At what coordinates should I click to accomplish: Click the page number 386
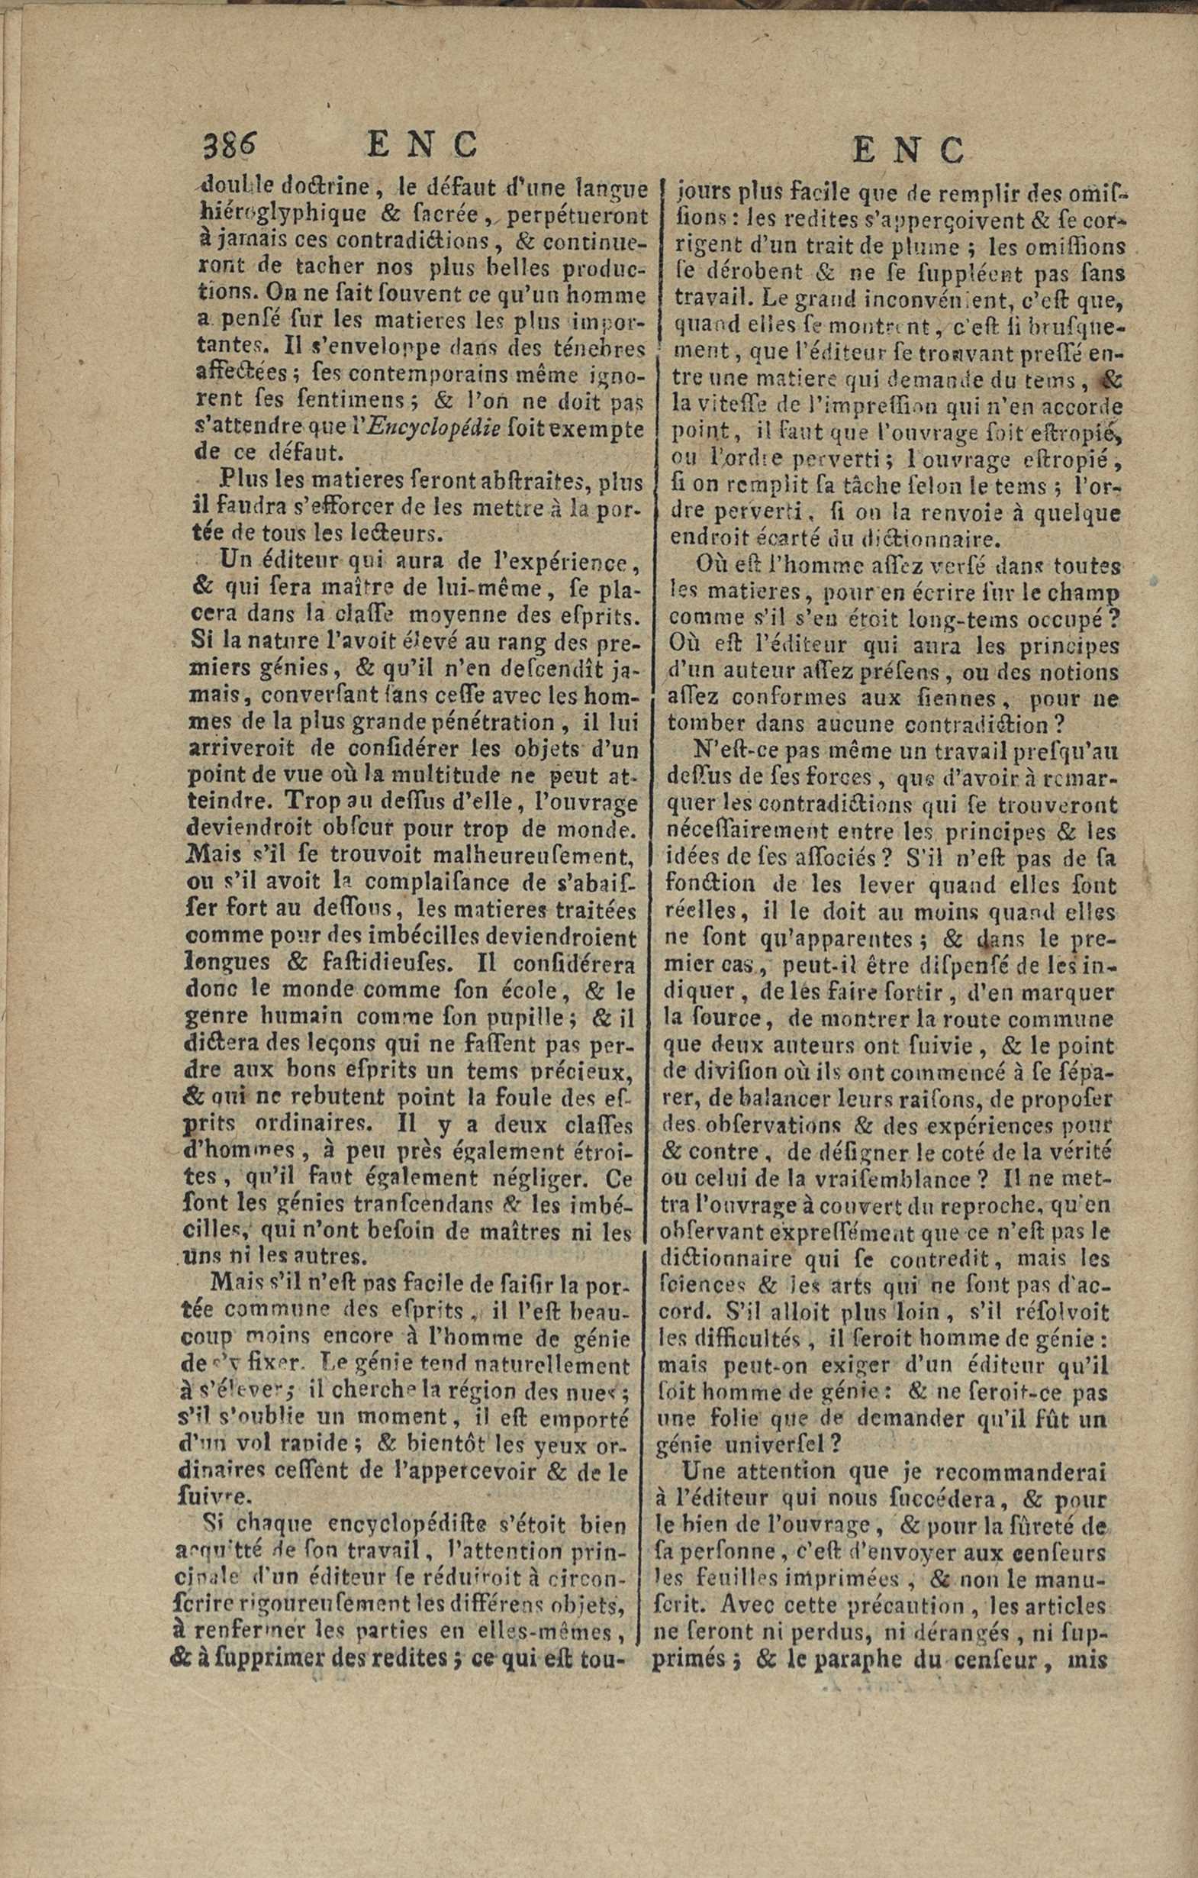(229, 145)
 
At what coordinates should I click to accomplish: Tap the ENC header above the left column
(421, 145)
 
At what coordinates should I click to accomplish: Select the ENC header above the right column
(909, 149)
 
